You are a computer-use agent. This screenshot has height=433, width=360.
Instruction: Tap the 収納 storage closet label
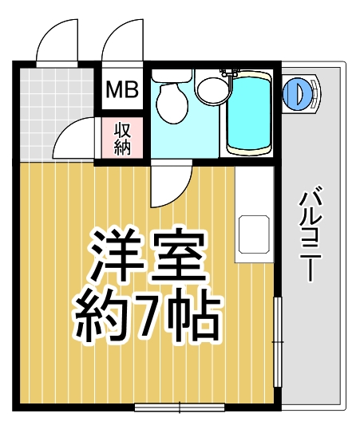[122, 138]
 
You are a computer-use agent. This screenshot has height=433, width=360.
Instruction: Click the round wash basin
[211, 89]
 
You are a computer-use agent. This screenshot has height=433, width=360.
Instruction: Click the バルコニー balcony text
[308, 232]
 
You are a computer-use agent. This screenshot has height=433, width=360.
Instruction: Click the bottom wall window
[179, 406]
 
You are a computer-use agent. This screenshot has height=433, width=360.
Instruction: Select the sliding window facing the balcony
[277, 342]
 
